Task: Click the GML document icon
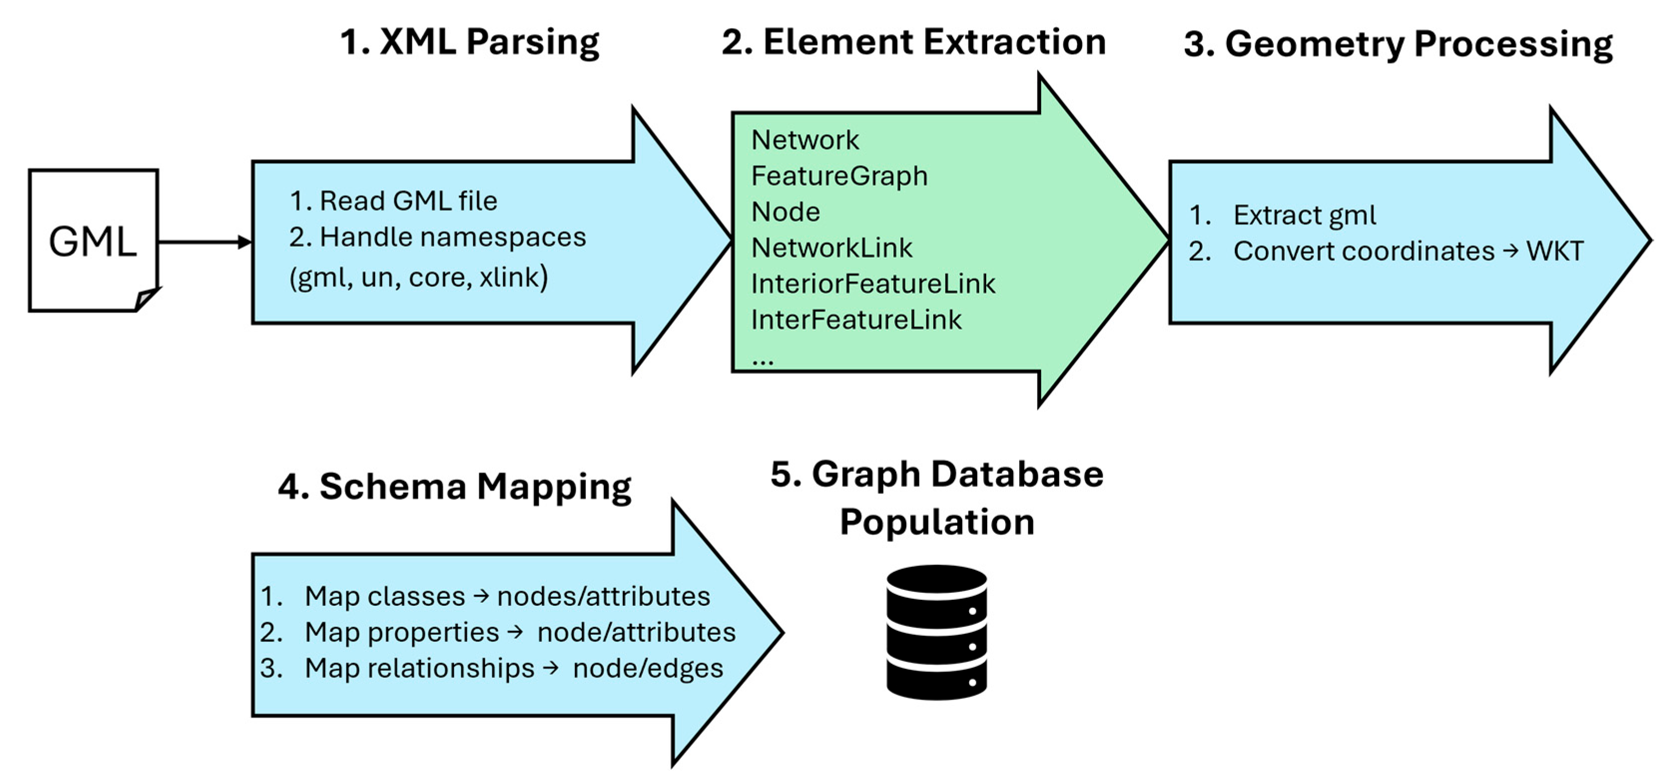(x=94, y=241)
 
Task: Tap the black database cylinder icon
(x=936, y=633)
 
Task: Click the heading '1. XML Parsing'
(x=470, y=43)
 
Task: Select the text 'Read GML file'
(x=409, y=201)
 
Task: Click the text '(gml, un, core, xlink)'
(x=418, y=277)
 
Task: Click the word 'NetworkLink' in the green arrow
(x=832, y=248)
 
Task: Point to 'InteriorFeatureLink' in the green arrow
(x=873, y=284)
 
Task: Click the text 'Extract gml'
(x=1305, y=215)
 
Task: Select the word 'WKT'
(x=1555, y=251)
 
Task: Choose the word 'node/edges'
(x=648, y=668)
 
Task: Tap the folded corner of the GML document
(x=146, y=299)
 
